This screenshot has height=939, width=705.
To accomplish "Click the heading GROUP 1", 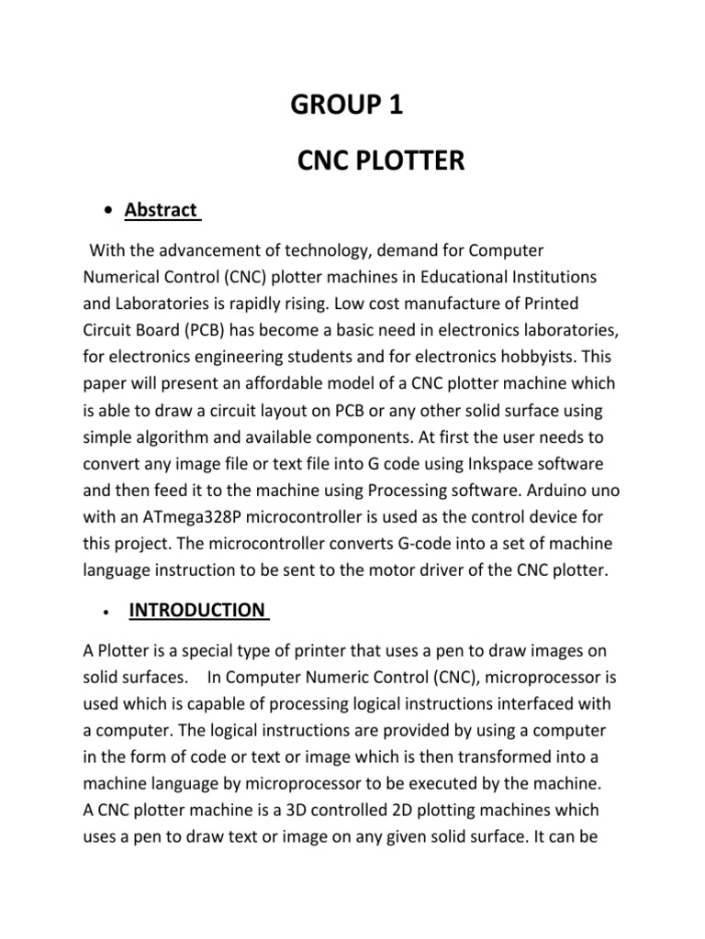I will click(346, 106).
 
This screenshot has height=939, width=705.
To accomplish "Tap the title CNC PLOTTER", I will click(381, 162).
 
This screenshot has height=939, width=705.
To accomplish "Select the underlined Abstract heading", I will click(161, 210).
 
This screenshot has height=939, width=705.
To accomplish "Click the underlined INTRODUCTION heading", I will click(196, 610).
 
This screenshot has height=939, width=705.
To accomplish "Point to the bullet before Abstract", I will click(108, 211).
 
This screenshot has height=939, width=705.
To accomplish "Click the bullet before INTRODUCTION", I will click(108, 612).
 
